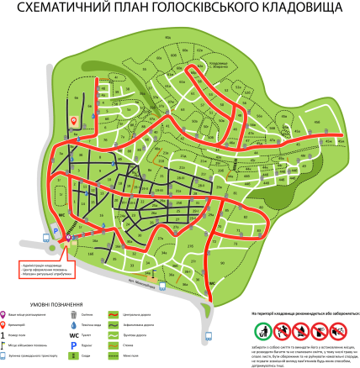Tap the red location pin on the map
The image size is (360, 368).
click(74, 120)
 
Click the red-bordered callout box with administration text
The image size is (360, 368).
click(45, 268)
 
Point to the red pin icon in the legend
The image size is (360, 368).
click(8, 323)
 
